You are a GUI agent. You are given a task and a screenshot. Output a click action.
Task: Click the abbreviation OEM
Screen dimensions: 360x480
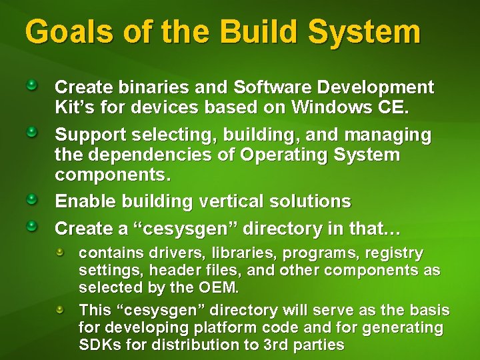(x=218, y=288)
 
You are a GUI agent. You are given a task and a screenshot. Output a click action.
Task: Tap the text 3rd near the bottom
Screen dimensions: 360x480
(x=273, y=345)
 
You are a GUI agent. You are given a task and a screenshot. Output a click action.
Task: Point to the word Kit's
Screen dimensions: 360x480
(x=71, y=107)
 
